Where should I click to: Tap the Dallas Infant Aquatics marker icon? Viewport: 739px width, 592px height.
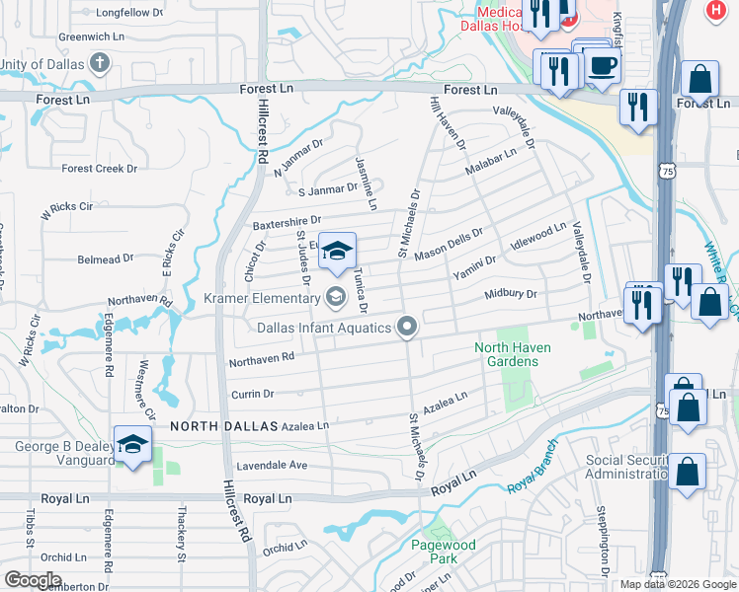pos(407,327)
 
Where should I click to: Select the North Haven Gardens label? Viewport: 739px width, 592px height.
pos(513,354)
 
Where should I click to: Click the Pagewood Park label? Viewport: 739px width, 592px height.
pos(444,552)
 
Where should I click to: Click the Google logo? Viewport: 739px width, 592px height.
pos(32,580)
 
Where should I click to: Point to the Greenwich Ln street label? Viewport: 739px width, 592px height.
pos(91,37)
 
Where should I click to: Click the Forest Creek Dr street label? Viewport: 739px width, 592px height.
pos(99,169)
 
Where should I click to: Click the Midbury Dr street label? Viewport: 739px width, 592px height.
pos(511,294)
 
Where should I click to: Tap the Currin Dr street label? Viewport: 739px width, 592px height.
pos(252,394)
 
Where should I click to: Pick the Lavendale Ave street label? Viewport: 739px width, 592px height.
pos(271,465)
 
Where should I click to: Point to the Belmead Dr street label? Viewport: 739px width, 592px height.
pos(105,259)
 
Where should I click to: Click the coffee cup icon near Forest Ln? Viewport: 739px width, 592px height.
pos(602,66)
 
